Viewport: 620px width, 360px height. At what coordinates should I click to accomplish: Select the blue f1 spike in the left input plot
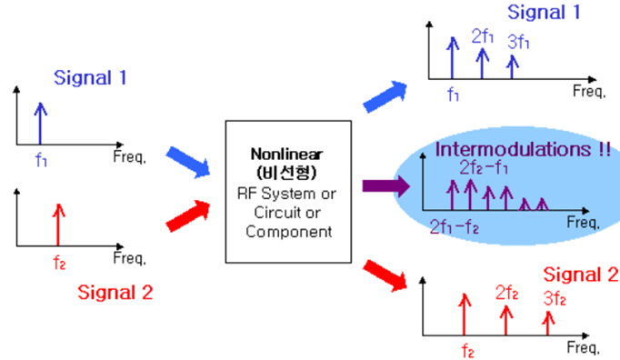pos(39,124)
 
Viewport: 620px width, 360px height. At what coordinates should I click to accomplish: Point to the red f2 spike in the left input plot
pos(58,224)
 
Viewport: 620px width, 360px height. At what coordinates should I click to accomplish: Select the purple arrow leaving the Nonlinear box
pos(381,186)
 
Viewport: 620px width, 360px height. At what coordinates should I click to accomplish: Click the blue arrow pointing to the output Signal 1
pos(384,93)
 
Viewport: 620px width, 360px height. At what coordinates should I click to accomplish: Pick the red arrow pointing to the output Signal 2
pos(384,275)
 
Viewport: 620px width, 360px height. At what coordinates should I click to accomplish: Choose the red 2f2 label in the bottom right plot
pos(507,293)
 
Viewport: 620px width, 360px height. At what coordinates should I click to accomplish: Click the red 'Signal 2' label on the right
pos(580,274)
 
